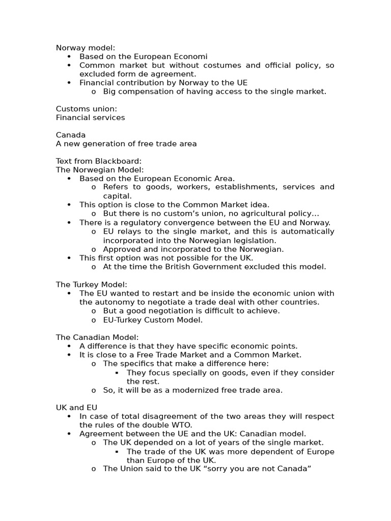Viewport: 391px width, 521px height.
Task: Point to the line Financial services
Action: click(x=90, y=118)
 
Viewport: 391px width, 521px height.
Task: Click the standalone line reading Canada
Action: click(x=71, y=135)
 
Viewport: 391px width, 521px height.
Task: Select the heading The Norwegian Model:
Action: click(x=100, y=170)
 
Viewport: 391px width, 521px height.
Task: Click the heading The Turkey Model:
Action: click(x=92, y=284)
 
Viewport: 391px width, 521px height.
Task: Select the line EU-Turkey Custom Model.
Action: click(x=153, y=320)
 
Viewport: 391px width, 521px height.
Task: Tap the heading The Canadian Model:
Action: click(x=97, y=337)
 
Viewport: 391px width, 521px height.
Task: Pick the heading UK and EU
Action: click(x=76, y=408)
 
